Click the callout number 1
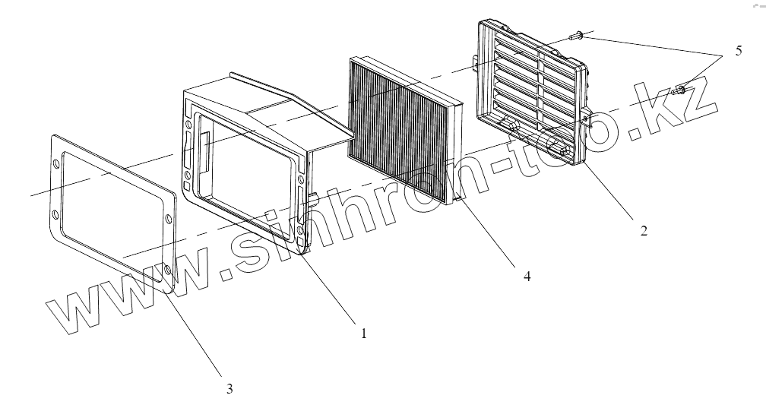point(364,333)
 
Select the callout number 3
point(229,388)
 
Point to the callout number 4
point(527,277)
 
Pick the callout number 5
point(739,52)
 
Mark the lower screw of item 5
point(680,90)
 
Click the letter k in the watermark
point(659,113)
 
